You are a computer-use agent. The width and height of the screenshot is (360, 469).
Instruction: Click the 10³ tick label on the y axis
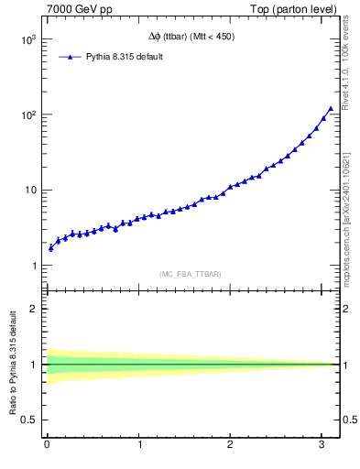coord(27,40)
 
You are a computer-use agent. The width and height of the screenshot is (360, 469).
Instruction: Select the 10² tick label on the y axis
coord(27,115)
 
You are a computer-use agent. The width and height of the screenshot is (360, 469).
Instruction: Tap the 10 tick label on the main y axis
coord(28,191)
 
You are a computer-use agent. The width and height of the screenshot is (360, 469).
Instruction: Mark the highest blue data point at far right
coord(331,108)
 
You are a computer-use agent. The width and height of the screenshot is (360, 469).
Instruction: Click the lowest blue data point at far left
coord(50,247)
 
